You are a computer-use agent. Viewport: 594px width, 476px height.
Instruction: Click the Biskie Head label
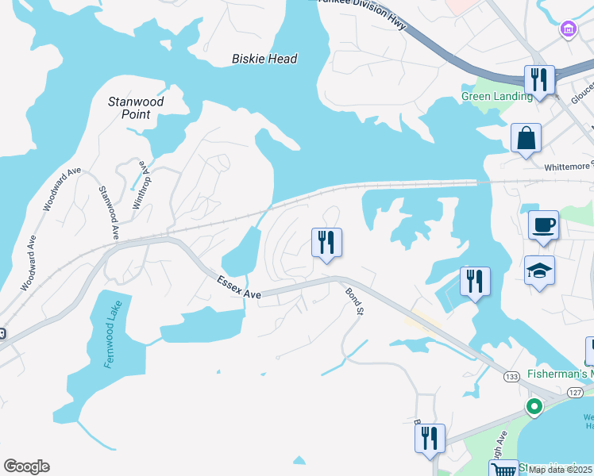pos(264,59)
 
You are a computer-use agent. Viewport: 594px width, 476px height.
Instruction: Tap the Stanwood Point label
pos(136,108)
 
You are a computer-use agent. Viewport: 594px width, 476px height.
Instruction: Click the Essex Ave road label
pos(239,287)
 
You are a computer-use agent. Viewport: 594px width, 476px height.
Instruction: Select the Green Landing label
pos(497,97)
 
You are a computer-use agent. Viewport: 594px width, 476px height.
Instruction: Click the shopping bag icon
pos(526,139)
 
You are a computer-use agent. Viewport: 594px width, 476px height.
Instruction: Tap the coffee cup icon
pos(543,225)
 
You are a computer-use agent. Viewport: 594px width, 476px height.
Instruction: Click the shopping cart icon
pos(503,470)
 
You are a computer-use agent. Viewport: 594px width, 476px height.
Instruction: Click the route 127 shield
pos(577,393)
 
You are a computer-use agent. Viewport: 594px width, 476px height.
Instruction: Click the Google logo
pos(26,466)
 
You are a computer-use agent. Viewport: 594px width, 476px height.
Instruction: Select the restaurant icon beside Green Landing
pos(538,79)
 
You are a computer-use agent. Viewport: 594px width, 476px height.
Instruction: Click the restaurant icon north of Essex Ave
pos(326,242)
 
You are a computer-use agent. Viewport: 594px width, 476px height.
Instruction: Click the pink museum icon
pos(568,30)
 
